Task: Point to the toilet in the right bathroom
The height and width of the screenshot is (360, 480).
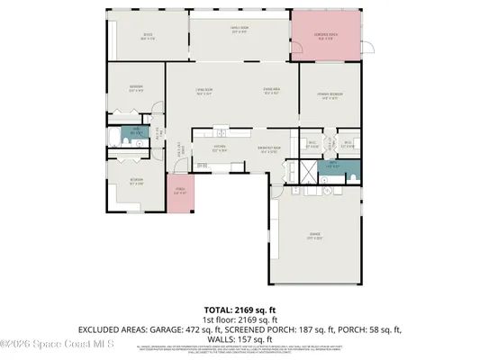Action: click(x=349, y=167)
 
